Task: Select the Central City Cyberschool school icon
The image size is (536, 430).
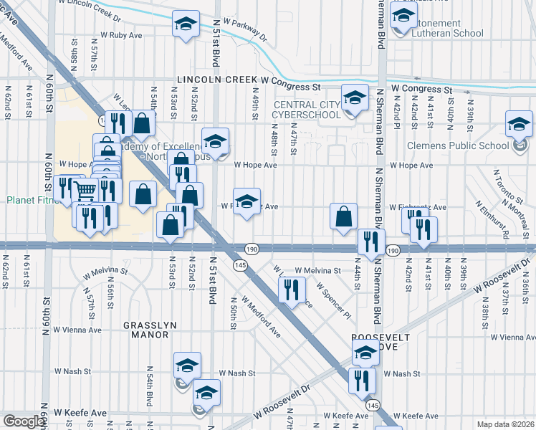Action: (354, 98)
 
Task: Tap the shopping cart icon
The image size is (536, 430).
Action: (85, 191)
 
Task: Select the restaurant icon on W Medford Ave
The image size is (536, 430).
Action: (290, 290)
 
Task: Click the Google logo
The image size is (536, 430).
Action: (23, 421)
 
